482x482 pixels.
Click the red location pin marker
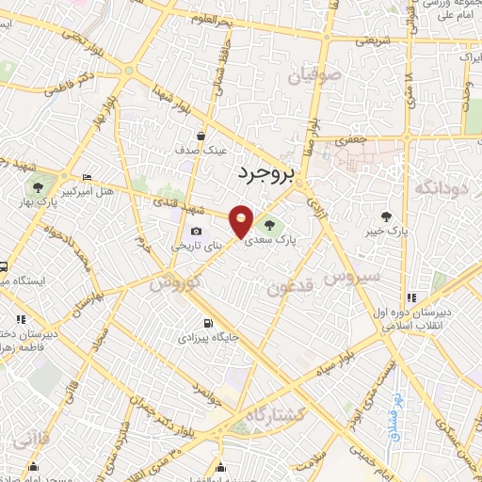point(242,221)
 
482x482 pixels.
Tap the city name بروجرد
point(265,172)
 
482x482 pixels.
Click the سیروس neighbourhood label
point(351,276)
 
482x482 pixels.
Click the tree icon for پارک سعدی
point(271,225)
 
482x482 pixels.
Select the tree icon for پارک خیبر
point(387,215)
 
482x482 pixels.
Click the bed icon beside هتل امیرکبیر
point(87,177)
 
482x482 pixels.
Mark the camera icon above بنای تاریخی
point(196,232)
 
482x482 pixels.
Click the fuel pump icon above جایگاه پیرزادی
point(194,321)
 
